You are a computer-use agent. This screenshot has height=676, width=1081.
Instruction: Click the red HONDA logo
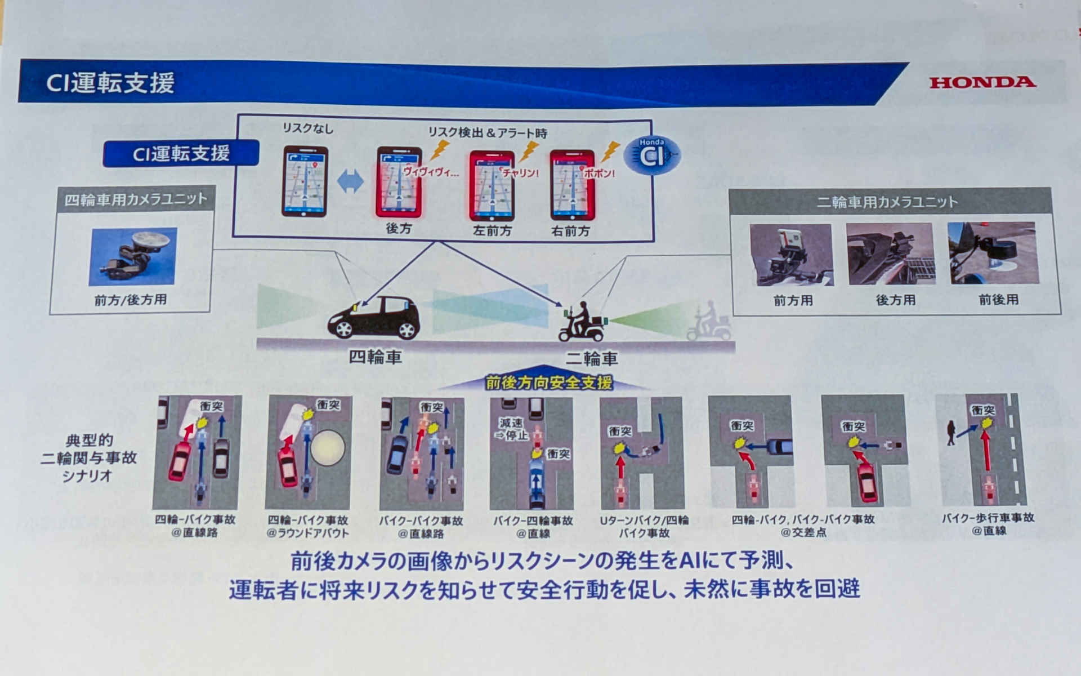click(x=982, y=82)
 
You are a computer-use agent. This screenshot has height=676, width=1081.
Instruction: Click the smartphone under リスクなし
click(x=305, y=181)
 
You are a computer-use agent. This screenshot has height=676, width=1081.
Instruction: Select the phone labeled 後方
click(x=399, y=183)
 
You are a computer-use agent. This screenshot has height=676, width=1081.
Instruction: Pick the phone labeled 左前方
click(x=492, y=185)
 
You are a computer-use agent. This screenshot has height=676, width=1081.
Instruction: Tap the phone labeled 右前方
click(x=572, y=185)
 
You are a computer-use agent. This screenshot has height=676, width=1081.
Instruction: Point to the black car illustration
click(x=374, y=318)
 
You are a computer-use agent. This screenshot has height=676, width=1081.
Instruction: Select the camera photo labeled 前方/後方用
click(x=133, y=256)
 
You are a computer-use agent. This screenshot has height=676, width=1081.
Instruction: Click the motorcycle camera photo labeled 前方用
click(x=791, y=255)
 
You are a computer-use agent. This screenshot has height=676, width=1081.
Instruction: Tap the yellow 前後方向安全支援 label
click(x=548, y=383)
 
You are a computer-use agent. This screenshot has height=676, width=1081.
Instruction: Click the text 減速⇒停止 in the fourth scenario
click(x=511, y=429)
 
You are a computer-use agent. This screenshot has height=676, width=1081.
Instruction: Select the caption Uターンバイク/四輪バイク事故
click(x=644, y=526)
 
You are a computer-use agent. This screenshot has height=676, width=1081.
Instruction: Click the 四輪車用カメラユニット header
click(x=136, y=199)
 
